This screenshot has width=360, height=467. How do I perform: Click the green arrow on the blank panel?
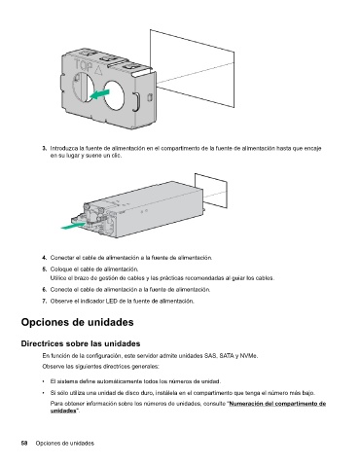click(x=99, y=94)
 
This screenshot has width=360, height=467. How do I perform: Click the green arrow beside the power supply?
click(x=74, y=226)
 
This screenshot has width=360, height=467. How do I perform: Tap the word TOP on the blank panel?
click(x=83, y=66)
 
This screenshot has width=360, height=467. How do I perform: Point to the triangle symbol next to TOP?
click(x=98, y=69)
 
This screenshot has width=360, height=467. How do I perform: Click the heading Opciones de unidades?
click(x=77, y=322)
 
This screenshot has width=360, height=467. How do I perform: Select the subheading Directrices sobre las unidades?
click(x=81, y=343)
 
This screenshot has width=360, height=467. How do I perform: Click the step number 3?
click(x=45, y=149)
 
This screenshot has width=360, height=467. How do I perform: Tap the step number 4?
click(x=45, y=258)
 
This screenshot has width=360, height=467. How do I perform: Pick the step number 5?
click(x=45, y=269)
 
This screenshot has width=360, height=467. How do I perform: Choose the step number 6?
click(x=45, y=290)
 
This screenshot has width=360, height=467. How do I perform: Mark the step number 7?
click(x=45, y=301)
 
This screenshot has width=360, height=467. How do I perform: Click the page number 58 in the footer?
click(x=24, y=443)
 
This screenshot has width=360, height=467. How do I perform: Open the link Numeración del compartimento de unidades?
click(x=188, y=407)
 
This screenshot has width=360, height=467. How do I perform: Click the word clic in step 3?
click(x=116, y=156)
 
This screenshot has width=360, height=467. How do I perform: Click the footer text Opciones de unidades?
click(x=65, y=443)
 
